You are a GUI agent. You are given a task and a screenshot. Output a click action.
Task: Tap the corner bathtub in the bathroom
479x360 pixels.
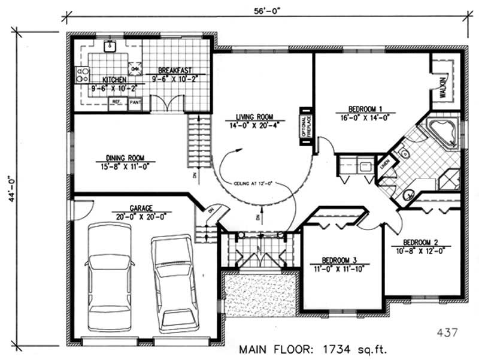[x=442, y=134]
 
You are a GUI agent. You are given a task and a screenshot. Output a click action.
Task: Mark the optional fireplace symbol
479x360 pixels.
[x=305, y=126]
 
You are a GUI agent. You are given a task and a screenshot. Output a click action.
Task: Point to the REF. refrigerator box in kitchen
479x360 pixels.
[x=116, y=102]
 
